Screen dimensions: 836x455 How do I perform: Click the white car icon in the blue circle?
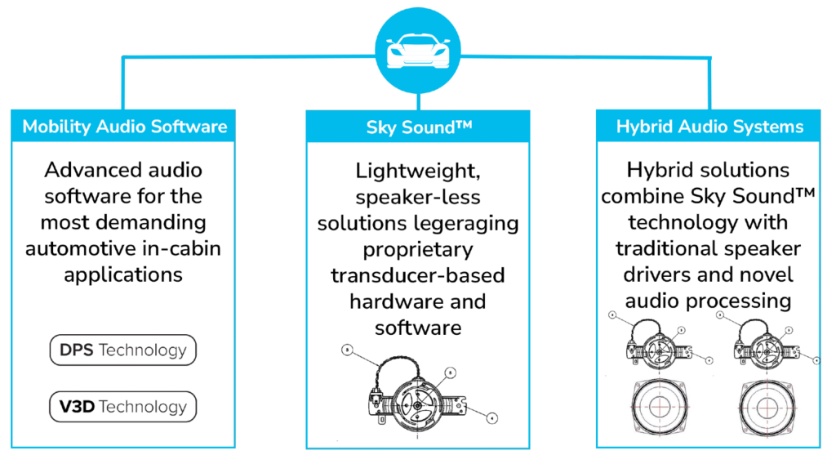(x=418, y=51)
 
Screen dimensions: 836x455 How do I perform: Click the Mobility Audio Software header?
(x=123, y=126)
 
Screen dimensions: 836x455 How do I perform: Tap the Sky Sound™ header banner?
(x=418, y=127)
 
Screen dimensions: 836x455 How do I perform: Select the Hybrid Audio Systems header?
(x=709, y=126)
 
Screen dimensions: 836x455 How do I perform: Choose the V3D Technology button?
(x=123, y=407)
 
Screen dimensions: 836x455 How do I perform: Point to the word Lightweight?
(x=418, y=172)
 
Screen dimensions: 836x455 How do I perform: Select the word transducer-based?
(x=418, y=275)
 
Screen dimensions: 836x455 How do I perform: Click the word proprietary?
(x=418, y=250)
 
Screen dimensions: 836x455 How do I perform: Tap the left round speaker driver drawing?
(x=659, y=407)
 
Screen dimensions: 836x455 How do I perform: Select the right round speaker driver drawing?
(x=766, y=408)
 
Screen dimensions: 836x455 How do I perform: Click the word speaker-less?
(x=418, y=198)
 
